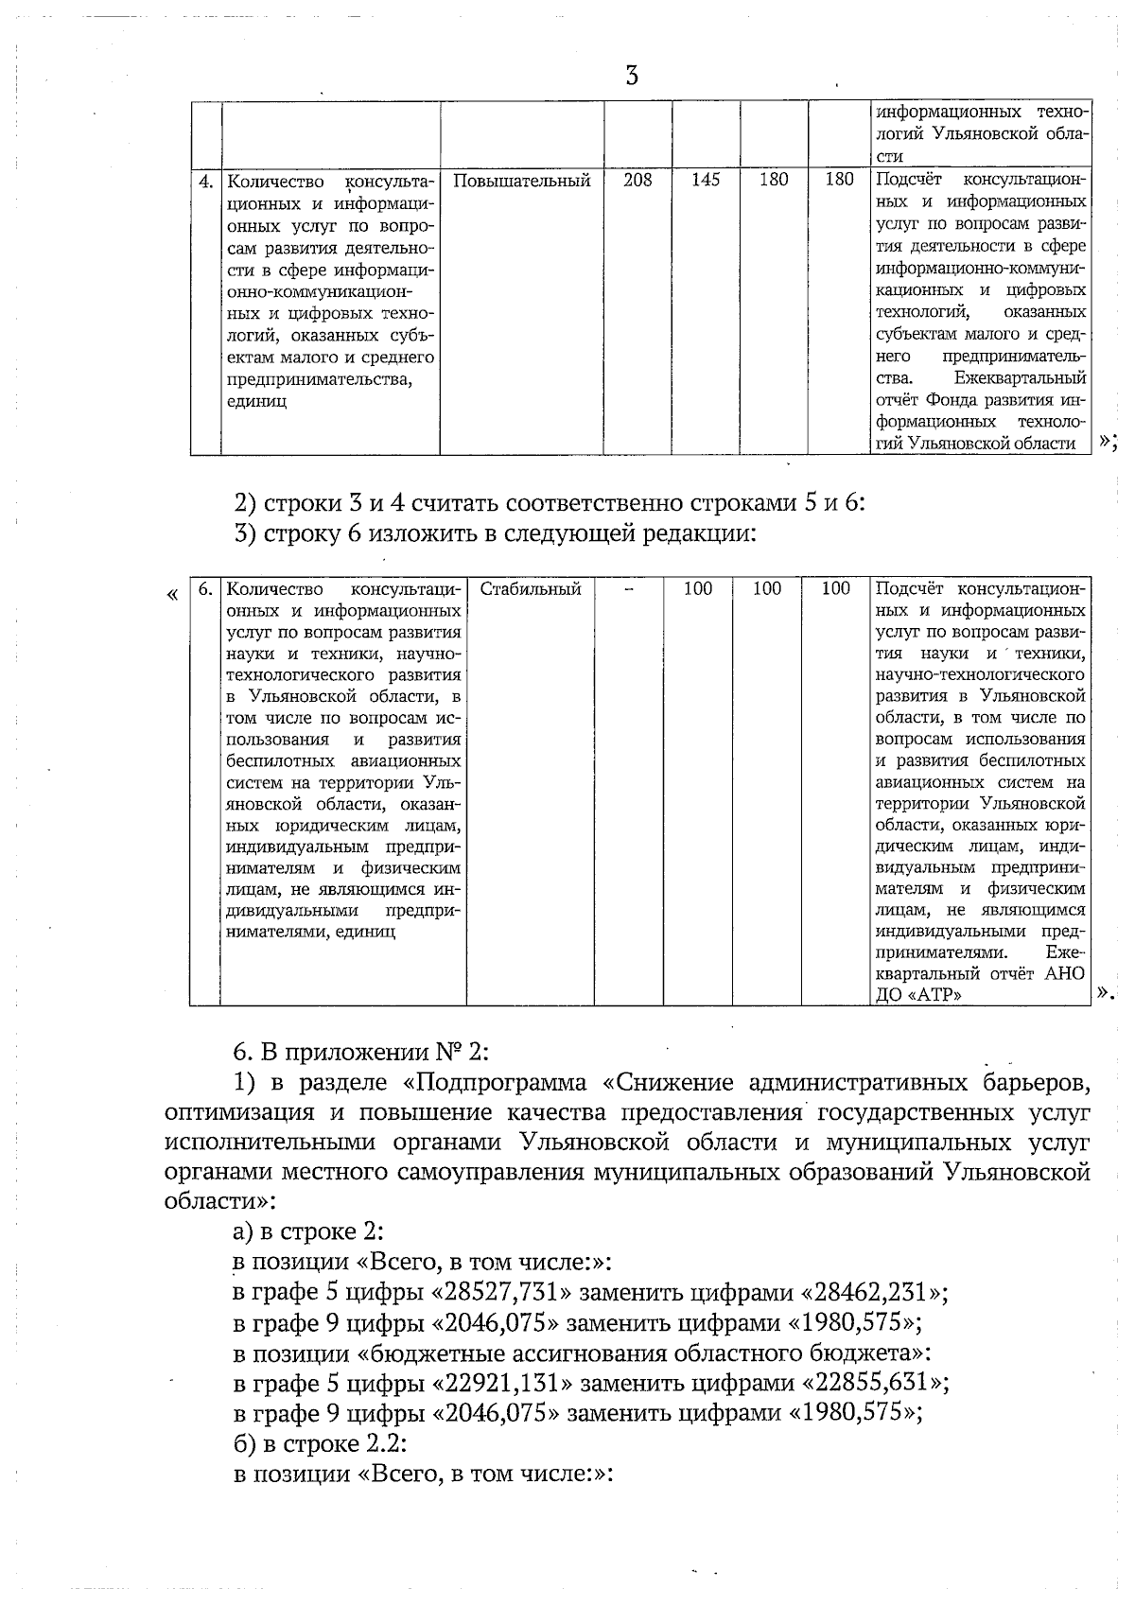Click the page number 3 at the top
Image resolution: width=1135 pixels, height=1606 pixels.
pos(632,76)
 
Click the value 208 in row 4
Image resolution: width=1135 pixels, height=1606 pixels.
pos(637,180)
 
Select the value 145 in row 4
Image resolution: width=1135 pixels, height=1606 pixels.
pos(706,180)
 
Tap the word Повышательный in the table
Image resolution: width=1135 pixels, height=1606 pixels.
pos(522,180)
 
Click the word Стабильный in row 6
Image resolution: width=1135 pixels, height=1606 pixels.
pos(530,589)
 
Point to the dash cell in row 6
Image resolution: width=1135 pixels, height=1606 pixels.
pos(628,589)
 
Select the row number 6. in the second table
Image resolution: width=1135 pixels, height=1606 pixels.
pos(205,589)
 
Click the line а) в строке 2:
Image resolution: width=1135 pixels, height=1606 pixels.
pos(307,1231)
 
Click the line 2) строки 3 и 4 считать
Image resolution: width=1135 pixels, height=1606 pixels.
pos(549,502)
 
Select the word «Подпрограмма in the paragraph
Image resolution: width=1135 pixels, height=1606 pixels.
pos(500,1081)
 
